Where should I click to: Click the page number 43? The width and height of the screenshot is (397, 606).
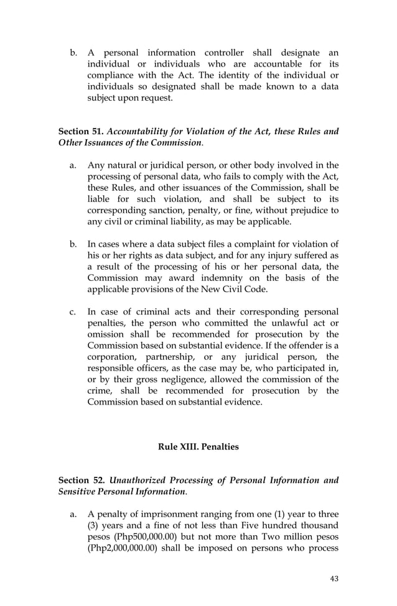coord(334,579)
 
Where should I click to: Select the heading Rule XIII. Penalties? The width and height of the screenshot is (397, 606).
coord(198,446)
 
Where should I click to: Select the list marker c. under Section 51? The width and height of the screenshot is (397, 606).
coord(73,312)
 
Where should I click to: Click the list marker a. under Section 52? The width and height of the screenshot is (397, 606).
coord(73,515)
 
